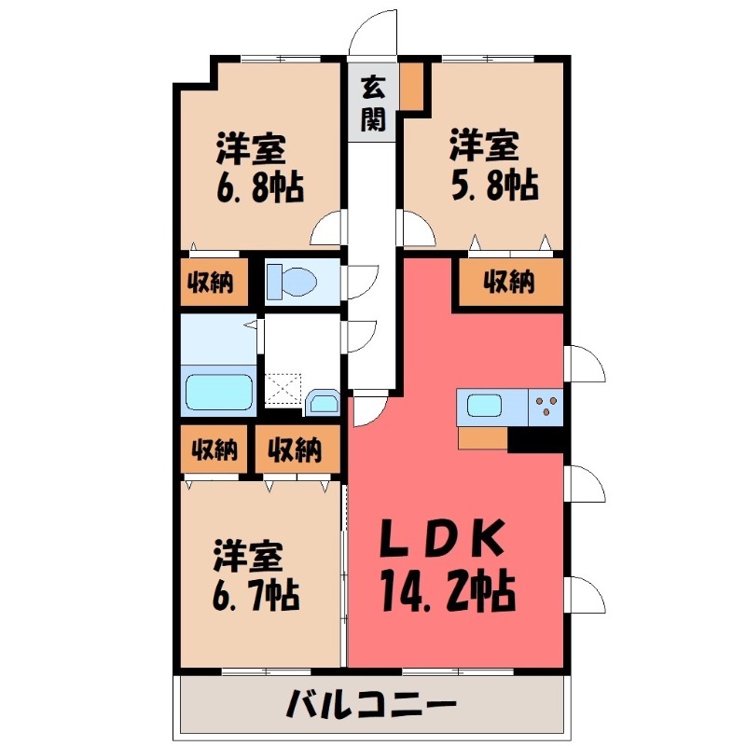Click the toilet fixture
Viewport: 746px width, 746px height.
[290, 280]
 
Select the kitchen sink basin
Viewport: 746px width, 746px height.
[484, 407]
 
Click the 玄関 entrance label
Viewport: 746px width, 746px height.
[374, 103]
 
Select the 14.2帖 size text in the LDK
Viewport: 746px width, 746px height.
[449, 588]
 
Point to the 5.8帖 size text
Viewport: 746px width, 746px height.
[493, 186]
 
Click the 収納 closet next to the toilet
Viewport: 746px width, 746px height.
[214, 282]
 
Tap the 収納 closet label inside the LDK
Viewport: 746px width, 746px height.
[509, 282]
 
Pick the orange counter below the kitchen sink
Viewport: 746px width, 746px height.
[483, 437]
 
